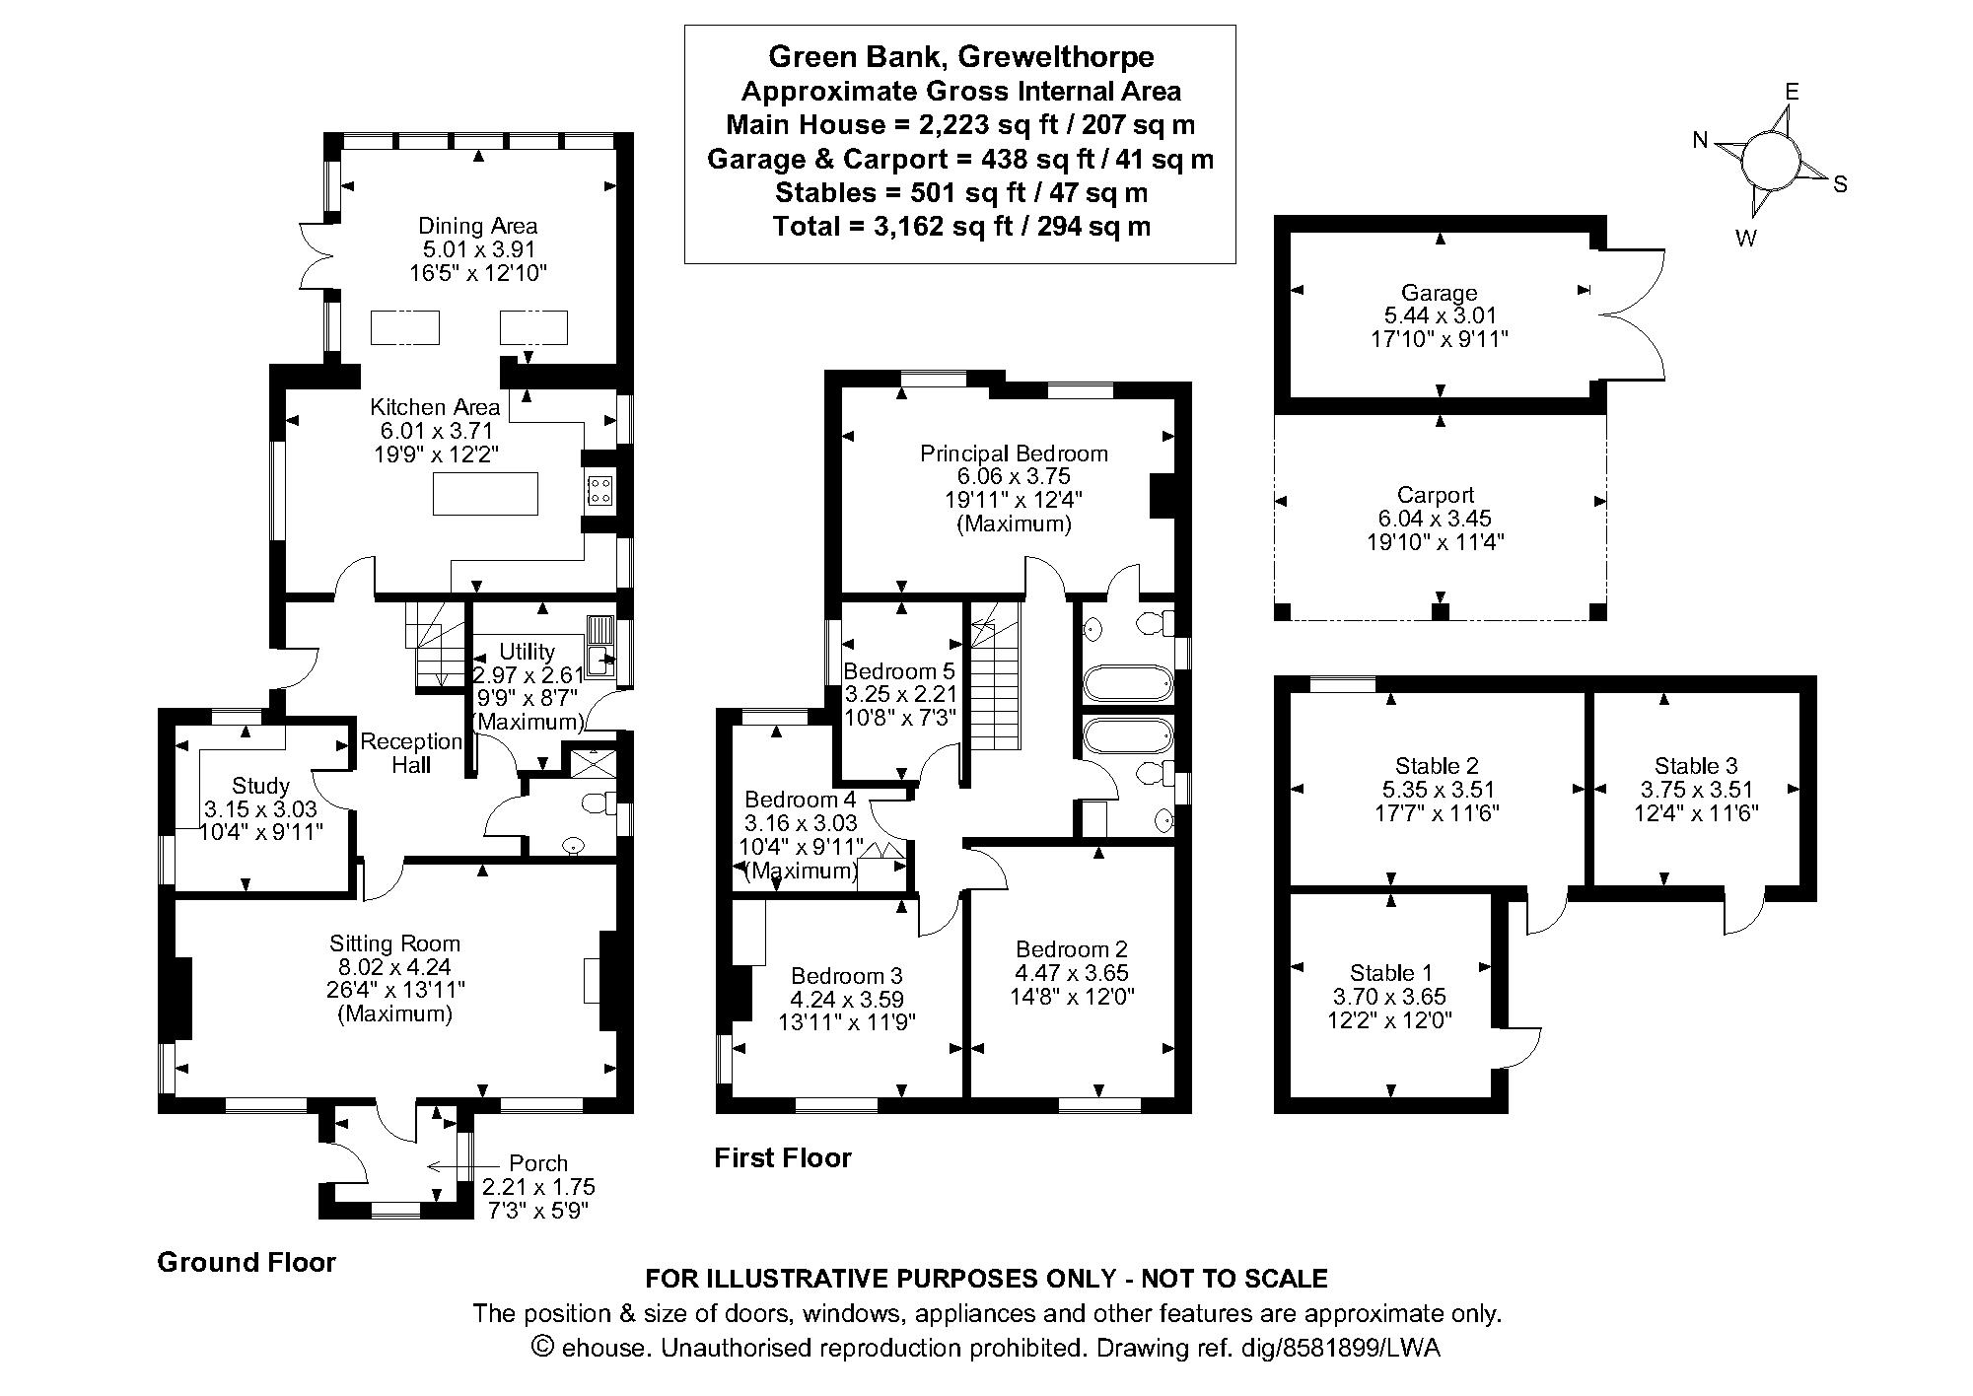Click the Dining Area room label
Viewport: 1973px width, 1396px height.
[477, 226]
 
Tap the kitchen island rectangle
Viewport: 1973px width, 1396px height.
[485, 494]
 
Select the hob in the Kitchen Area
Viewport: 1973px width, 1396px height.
[599, 490]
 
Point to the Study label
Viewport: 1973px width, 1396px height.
[260, 786]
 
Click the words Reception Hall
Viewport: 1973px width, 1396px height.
[411, 752]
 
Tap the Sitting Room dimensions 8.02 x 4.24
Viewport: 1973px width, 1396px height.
[394, 967]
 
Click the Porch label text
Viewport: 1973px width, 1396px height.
[538, 1163]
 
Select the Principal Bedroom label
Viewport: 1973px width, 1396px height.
[1014, 454]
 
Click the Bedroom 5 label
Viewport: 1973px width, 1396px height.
[899, 671]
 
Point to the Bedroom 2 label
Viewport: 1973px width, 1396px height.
[1071, 949]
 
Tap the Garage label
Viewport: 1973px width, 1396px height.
[1440, 293]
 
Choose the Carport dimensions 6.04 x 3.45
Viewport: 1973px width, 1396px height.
[1435, 519]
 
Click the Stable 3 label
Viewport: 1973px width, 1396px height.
[1696, 766]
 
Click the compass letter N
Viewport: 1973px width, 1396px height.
[1700, 141]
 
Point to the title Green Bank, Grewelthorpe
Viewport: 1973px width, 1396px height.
[960, 56]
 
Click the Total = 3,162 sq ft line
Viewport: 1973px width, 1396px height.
[960, 226]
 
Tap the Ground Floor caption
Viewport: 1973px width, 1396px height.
[247, 1262]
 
